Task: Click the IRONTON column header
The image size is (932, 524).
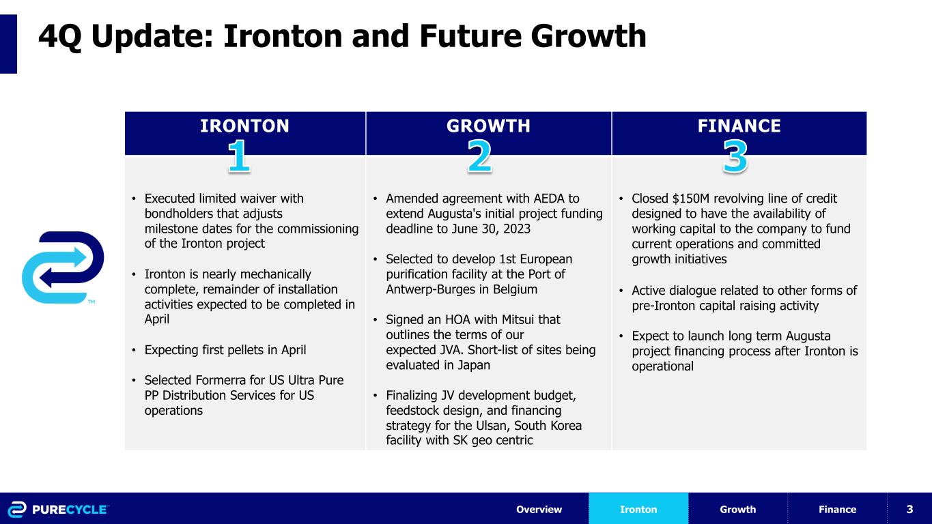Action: pyautogui.click(x=244, y=126)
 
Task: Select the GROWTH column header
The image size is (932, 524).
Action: pyautogui.click(x=488, y=126)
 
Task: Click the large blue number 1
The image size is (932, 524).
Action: pyautogui.click(x=238, y=156)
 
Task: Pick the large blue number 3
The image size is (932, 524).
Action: pyautogui.click(x=735, y=156)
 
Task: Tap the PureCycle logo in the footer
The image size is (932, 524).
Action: pyautogui.click(x=58, y=509)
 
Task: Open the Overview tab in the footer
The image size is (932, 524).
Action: pyautogui.click(x=539, y=509)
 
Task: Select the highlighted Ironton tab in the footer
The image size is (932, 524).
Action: pyautogui.click(x=638, y=509)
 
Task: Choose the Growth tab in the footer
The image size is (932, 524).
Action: pyautogui.click(x=737, y=509)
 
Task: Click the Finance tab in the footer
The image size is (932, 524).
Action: pyautogui.click(x=837, y=509)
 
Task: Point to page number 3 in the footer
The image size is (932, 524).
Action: pyautogui.click(x=909, y=509)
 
